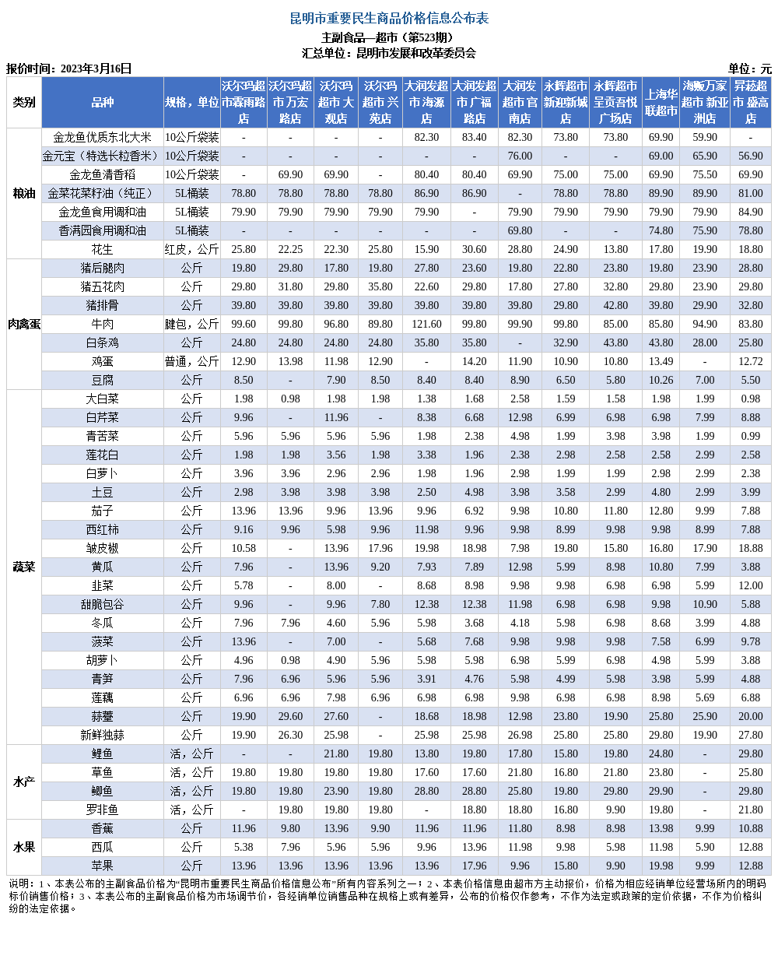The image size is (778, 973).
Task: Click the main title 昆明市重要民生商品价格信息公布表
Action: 389,18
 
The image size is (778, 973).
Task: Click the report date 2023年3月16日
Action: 96,68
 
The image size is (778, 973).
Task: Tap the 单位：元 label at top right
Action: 749,68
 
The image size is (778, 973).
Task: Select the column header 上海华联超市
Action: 661,102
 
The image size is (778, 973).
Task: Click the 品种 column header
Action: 102,102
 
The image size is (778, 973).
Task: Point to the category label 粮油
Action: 24,193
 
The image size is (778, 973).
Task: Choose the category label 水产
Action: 24,782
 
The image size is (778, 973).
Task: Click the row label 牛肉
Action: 102,324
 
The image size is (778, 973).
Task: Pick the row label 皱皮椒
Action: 102,548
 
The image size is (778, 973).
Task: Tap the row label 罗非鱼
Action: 102,810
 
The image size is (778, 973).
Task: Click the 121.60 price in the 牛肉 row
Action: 426,324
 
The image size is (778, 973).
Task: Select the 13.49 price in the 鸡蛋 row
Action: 661,361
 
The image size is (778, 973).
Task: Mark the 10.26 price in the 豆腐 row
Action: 661,380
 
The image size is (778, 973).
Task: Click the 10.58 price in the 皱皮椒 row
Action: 244,548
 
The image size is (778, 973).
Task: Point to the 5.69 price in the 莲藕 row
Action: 705,697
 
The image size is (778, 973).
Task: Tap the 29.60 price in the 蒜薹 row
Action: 290,716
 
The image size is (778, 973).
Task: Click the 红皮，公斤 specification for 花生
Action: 191,249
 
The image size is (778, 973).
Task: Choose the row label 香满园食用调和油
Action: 102,230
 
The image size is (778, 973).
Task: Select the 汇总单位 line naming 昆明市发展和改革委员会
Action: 389,53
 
